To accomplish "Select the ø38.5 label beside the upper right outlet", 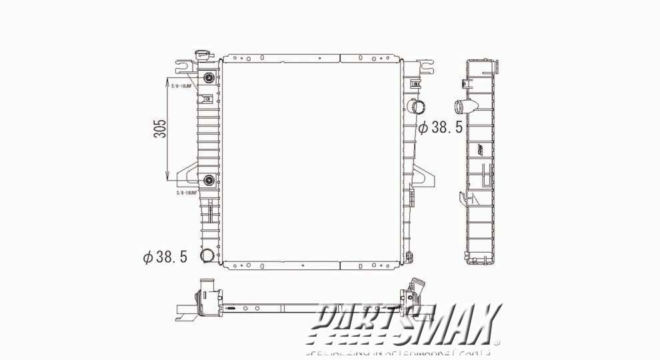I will [x=440, y=127].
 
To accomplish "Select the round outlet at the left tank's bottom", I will [x=208, y=256].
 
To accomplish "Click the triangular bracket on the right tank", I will [x=424, y=175].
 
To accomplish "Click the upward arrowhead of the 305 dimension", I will [x=167, y=82].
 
